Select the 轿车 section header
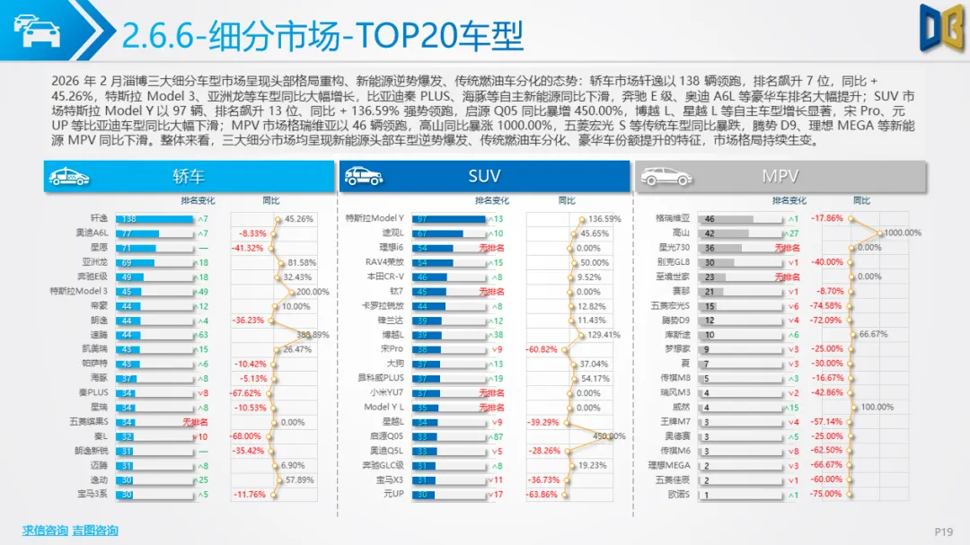(x=189, y=176)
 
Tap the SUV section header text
(x=484, y=176)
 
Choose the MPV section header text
(x=780, y=176)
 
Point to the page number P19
(x=943, y=532)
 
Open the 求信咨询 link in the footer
(x=45, y=531)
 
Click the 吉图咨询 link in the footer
(x=95, y=531)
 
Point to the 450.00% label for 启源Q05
(x=607, y=435)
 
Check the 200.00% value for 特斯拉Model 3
(x=313, y=291)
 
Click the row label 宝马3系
(x=92, y=494)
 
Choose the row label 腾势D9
(x=676, y=320)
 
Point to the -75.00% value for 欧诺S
(x=826, y=494)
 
